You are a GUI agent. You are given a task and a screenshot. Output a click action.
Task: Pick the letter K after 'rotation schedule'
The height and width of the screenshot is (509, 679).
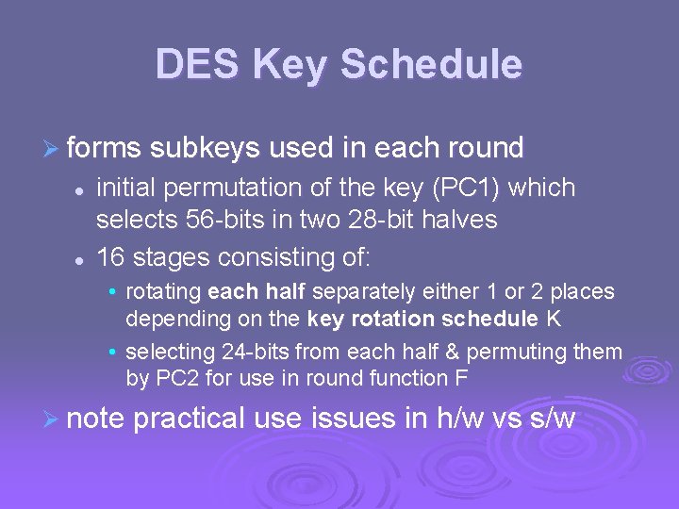tap(554, 319)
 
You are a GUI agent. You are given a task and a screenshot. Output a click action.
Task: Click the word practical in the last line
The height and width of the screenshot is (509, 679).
tap(190, 418)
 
